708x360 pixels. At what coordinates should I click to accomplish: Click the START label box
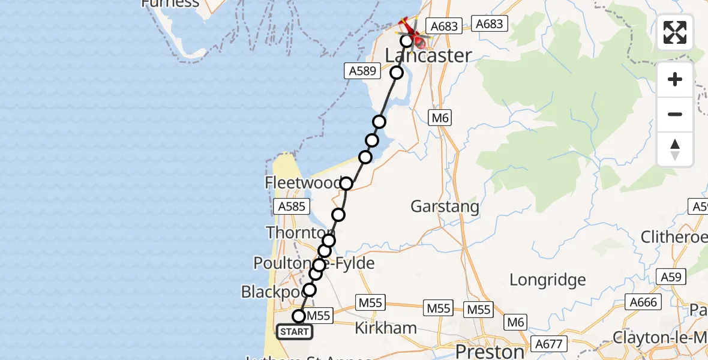[x=295, y=332]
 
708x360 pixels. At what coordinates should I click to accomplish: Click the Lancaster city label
[x=428, y=56]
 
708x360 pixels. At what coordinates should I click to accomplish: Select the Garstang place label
[x=445, y=207]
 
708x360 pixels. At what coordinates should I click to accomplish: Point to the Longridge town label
[x=547, y=280]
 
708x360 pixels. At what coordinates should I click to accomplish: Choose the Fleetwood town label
[x=303, y=183]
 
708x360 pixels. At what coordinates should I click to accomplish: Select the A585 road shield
[x=293, y=207]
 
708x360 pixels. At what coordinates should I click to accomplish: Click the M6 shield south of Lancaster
[x=440, y=118]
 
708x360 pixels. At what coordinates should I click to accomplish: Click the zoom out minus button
[x=675, y=114]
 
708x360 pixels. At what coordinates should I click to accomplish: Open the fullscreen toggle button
[x=675, y=32]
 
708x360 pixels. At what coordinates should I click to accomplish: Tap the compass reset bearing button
[x=675, y=149]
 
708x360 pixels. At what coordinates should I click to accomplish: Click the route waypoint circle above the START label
[x=299, y=316]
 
